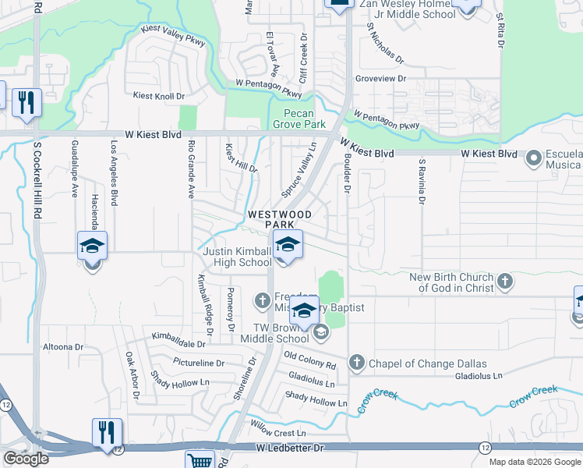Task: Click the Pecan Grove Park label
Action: pos(299,119)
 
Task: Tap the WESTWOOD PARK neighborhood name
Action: pos(279,219)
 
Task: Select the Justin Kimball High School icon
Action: pos(287,245)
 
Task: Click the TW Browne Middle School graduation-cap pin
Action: pos(305,310)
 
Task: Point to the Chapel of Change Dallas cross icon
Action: pos(357,363)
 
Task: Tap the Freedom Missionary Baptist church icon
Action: pos(263,300)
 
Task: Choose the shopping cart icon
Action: pos(201,461)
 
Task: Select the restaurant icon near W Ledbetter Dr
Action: pos(107,432)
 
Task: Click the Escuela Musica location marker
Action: pos(534,159)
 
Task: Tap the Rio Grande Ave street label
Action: pos(190,169)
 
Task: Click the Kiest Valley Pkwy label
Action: pos(173,37)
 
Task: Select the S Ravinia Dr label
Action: pos(422,182)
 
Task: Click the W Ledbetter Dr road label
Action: pos(289,448)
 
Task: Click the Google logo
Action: pos(26,459)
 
